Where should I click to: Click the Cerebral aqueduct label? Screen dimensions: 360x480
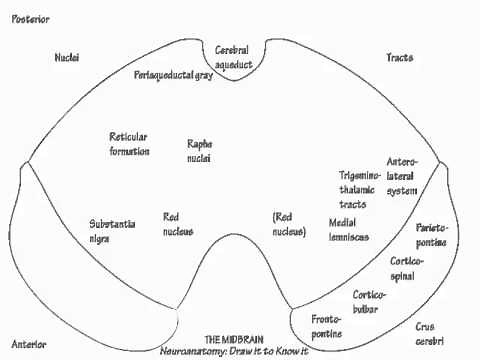click(240, 56)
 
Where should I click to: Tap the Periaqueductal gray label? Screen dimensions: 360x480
click(174, 76)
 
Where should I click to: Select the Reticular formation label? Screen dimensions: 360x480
click(129, 143)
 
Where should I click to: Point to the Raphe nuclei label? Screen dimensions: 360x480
click(199, 151)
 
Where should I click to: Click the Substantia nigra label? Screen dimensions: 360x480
click(113, 231)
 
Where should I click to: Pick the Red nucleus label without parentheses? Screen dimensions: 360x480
click(178, 224)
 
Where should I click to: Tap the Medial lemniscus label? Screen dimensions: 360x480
click(348, 229)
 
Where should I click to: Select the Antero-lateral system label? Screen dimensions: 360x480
click(401, 176)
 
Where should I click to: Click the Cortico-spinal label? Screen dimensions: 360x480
click(408, 268)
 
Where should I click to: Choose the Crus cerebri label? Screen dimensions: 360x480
click(432, 333)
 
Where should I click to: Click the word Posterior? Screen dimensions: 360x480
click(31, 19)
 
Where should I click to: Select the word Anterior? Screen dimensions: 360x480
click(28, 343)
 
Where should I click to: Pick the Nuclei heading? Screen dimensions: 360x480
click(67, 58)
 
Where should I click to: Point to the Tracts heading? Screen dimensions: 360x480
click(400, 58)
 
